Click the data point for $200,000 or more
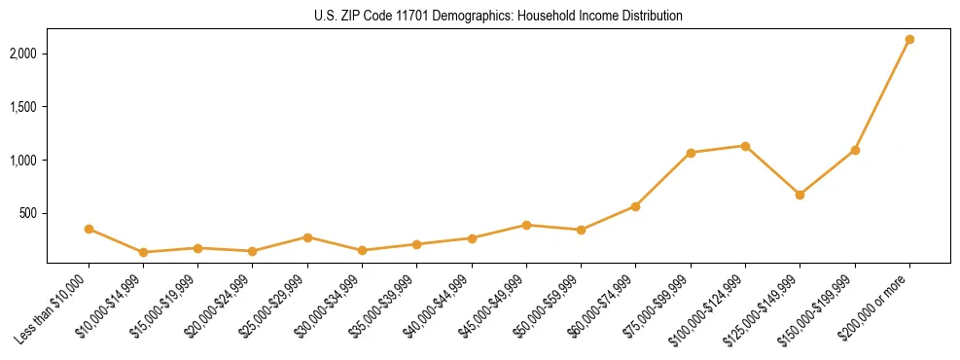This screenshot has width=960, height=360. [909, 40]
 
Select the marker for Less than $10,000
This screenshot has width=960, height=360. [89, 230]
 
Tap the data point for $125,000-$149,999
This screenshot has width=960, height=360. [800, 195]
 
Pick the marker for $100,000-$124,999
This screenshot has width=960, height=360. [745, 146]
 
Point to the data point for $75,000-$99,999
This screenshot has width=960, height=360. [691, 153]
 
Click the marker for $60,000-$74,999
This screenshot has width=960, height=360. [635, 206]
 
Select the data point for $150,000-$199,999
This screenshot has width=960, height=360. [855, 150]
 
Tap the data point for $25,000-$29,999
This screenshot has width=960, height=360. [307, 237]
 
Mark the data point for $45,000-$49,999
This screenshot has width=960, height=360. [526, 225]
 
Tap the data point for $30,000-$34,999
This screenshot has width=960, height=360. [362, 250]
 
